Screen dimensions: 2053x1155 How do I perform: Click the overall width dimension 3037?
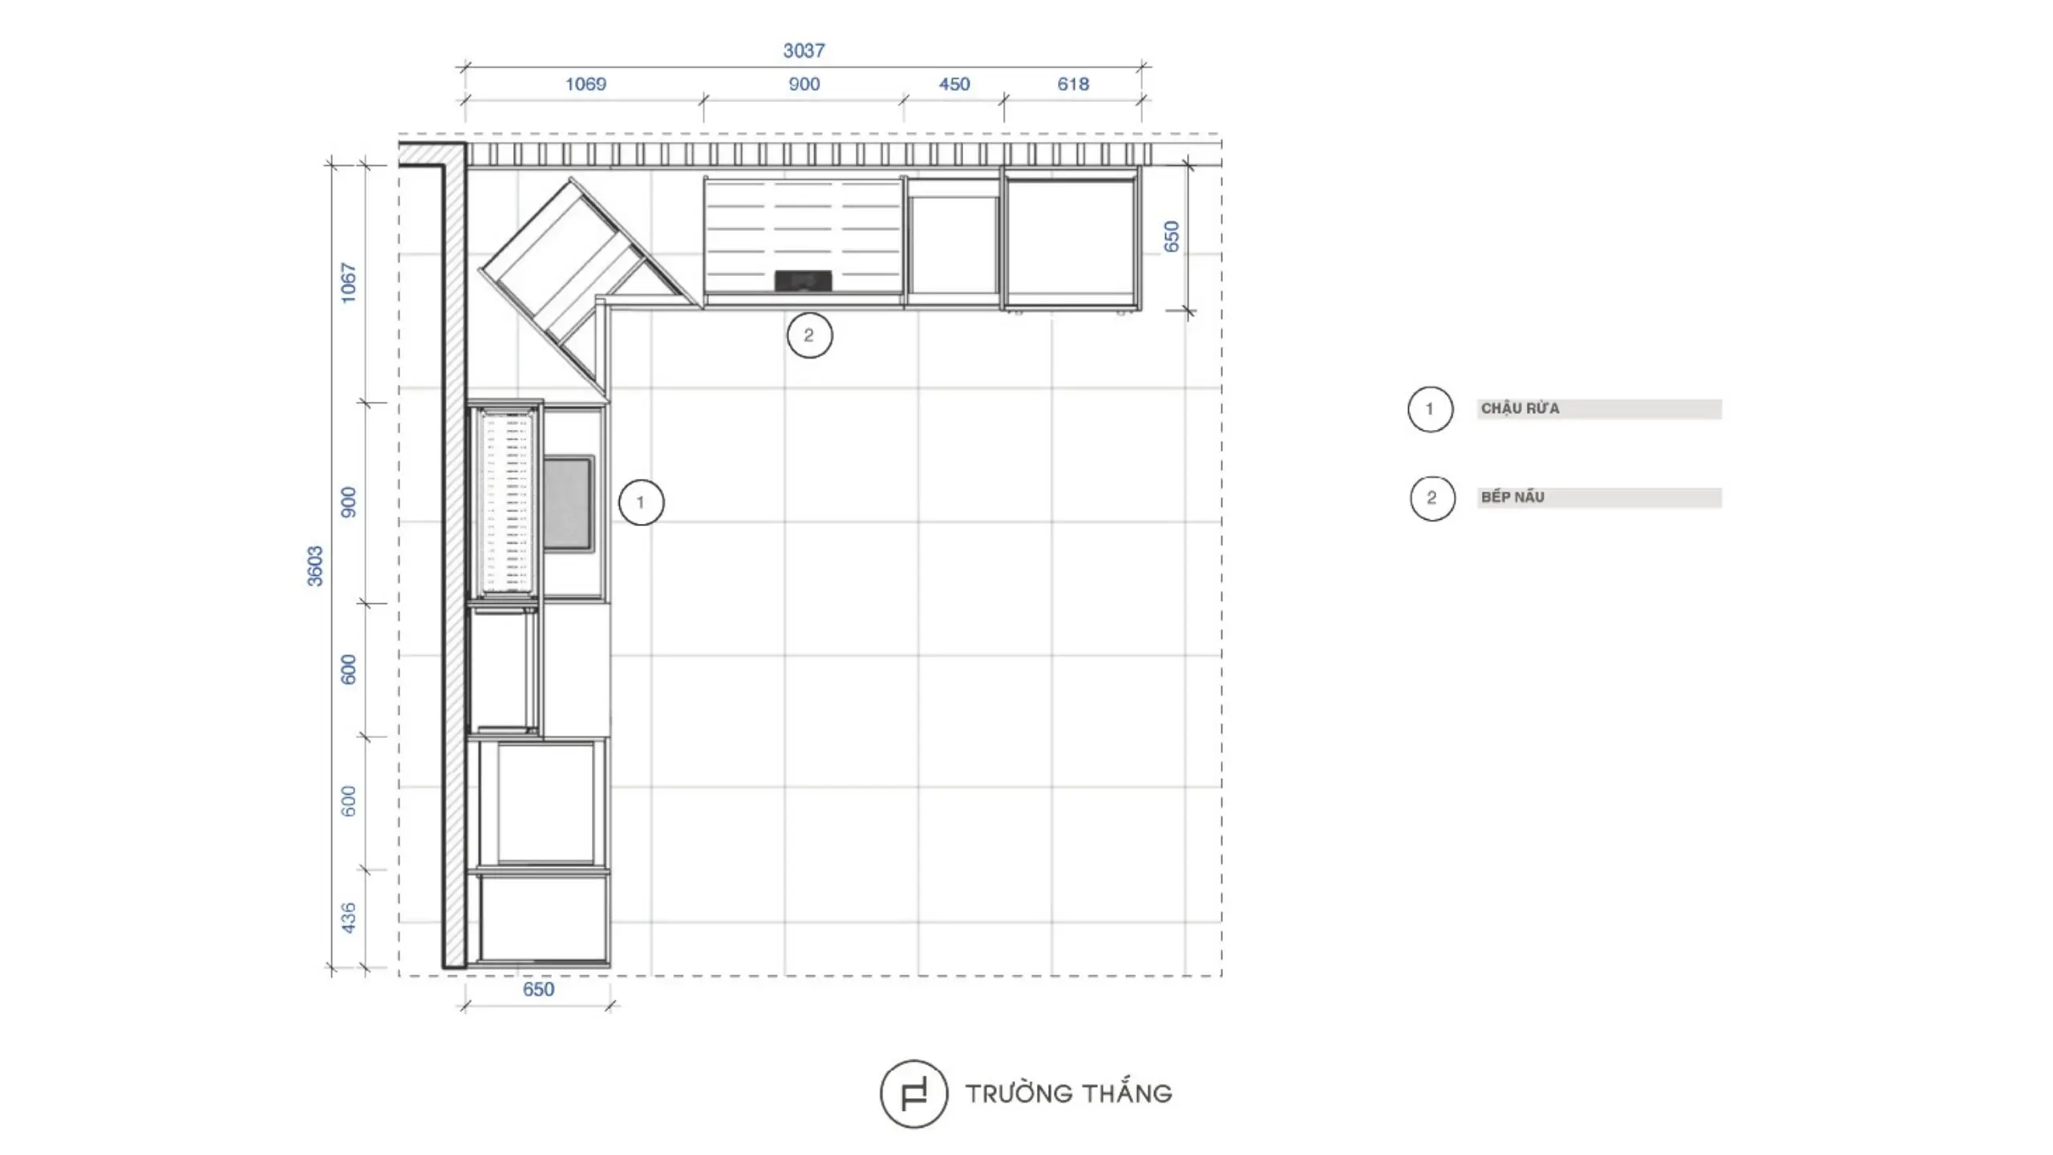[804, 51]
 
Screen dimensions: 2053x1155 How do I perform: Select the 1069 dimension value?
[585, 84]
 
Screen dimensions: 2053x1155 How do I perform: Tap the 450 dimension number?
[954, 84]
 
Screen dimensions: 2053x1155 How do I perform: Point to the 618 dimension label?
[1073, 84]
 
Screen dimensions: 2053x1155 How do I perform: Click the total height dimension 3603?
[315, 566]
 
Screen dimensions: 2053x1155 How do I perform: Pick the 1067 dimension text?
[348, 282]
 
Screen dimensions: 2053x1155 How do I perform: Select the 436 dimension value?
[348, 918]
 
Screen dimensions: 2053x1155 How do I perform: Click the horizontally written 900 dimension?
[804, 84]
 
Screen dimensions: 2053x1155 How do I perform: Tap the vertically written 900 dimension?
[348, 502]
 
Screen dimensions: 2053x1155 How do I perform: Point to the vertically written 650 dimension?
[1172, 237]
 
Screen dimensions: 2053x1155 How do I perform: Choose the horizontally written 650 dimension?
[538, 989]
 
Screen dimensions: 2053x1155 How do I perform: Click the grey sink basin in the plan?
[569, 503]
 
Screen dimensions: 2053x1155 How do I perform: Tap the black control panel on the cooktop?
[803, 281]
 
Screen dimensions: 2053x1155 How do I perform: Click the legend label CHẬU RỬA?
[1520, 409]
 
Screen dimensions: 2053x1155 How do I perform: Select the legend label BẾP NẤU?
[1512, 497]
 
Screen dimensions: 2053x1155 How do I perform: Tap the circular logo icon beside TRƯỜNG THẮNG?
[881, 1094]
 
